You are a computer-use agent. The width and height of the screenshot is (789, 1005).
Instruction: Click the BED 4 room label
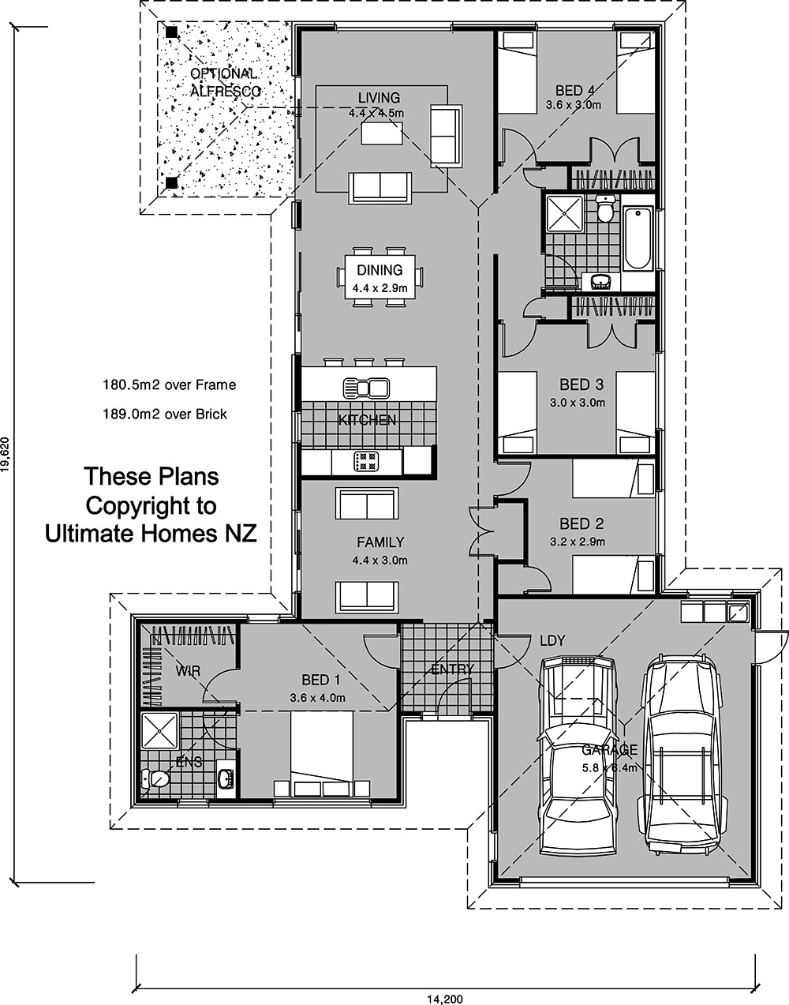575,90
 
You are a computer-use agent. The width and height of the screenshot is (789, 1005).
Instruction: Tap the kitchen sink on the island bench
366,388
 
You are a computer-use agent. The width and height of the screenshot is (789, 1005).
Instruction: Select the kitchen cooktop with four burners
366,461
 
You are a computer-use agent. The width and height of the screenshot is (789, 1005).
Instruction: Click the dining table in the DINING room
380,277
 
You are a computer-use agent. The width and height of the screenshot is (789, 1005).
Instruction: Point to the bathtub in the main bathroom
638,238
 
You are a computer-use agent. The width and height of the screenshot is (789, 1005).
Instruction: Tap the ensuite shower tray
159,731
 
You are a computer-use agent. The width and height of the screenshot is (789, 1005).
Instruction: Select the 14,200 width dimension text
444,1000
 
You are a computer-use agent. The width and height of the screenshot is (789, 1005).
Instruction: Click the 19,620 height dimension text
5,455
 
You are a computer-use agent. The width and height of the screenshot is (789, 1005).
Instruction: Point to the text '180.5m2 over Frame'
169,384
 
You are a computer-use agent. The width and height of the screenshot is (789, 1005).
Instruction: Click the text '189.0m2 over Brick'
165,414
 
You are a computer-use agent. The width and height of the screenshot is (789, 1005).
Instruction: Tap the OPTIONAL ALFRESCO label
225,82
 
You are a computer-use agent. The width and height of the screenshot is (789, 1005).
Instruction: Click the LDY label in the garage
552,640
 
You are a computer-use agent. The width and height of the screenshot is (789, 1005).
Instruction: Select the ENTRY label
453,669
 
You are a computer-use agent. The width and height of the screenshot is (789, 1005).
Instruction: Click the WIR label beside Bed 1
188,671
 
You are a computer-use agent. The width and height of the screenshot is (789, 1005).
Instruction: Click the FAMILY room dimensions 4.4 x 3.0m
380,561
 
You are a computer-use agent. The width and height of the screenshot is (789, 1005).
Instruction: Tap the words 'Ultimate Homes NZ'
151,533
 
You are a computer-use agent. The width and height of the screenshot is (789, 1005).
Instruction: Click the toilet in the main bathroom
604,208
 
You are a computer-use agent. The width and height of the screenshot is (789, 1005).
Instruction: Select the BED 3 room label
581,384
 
